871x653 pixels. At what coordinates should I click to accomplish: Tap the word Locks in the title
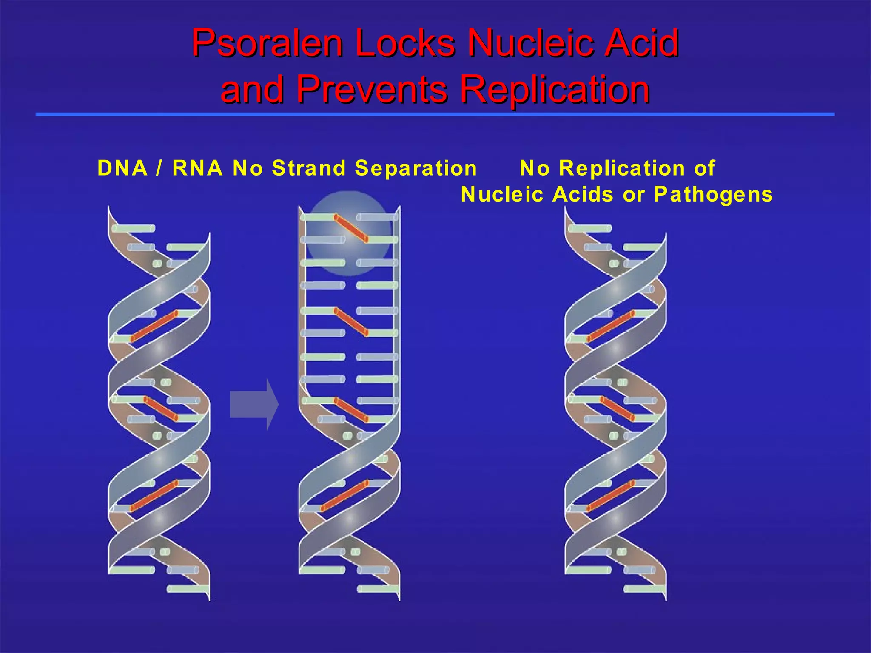404,43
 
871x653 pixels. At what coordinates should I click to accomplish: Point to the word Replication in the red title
555,90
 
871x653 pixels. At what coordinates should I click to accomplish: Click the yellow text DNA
122,168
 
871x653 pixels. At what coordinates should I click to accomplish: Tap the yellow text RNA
198,168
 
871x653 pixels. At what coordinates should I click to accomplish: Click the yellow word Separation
416,168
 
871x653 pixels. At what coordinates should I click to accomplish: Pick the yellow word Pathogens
713,195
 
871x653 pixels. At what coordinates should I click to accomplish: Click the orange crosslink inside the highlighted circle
351,229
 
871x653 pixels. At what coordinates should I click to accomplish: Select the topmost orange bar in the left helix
154,326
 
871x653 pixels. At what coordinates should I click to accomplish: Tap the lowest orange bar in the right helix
611,496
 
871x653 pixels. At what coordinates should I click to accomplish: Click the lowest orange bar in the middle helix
344,496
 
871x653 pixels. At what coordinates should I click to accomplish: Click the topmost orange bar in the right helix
611,326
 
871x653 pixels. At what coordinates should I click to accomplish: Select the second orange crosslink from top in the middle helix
351,322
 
